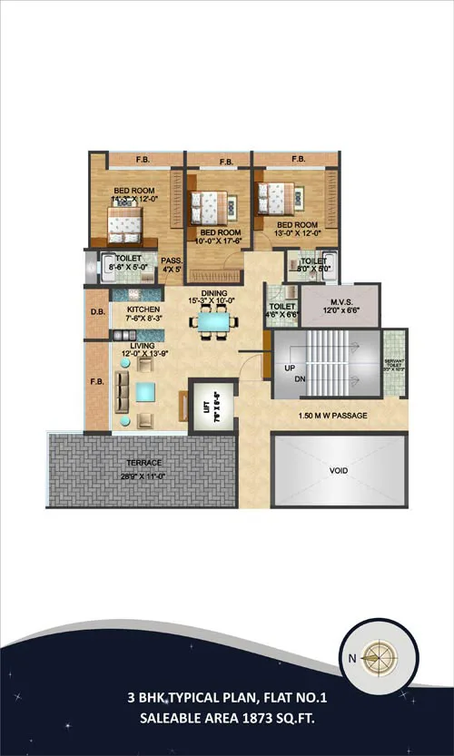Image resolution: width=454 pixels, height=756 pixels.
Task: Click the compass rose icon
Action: click(x=375, y=656)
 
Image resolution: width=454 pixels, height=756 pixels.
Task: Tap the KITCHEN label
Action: click(x=131, y=309)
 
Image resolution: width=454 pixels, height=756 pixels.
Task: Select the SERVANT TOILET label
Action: click(x=392, y=367)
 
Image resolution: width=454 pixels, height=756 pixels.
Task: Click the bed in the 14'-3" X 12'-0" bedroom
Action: click(x=125, y=220)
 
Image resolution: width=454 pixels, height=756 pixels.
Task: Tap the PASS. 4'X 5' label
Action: click(x=172, y=264)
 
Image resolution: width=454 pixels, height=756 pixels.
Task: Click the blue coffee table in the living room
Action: click(x=145, y=391)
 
